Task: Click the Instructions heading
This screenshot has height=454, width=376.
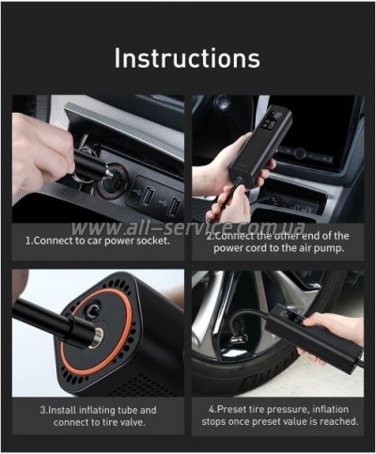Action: pos(187,58)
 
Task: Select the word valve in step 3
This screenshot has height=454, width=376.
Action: pos(133,422)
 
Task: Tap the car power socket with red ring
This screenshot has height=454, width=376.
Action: pos(112,180)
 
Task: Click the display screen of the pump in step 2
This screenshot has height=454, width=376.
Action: pos(272,121)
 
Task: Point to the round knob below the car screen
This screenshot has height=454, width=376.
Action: pos(300,153)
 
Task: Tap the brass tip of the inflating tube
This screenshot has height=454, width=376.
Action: pos(95,337)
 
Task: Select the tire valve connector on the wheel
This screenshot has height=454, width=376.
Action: pos(238,339)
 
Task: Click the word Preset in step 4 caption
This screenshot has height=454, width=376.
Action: pos(230,409)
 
